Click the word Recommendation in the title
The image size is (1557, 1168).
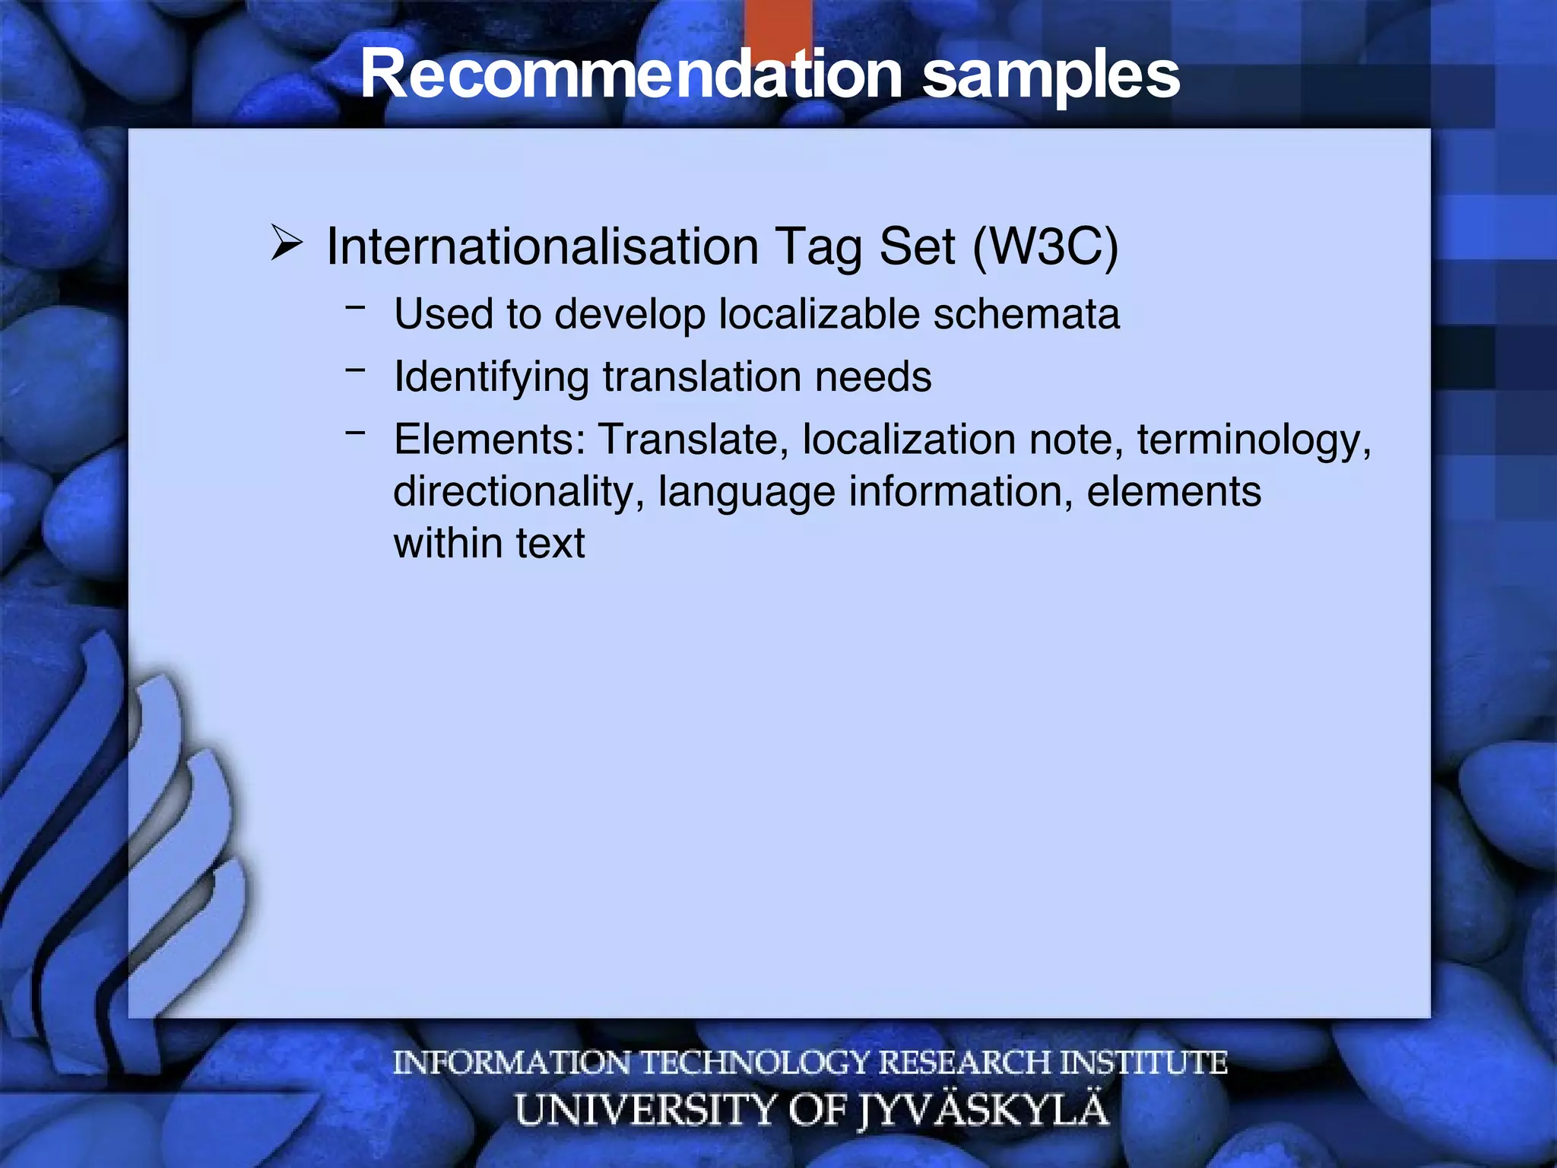click(631, 75)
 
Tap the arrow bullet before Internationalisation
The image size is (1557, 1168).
click(287, 245)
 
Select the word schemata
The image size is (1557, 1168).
click(1026, 314)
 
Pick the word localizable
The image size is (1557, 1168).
click(819, 314)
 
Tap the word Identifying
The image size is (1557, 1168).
click(491, 377)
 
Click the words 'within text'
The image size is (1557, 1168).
click(489, 543)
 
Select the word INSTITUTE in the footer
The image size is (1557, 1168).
click(1143, 1062)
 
